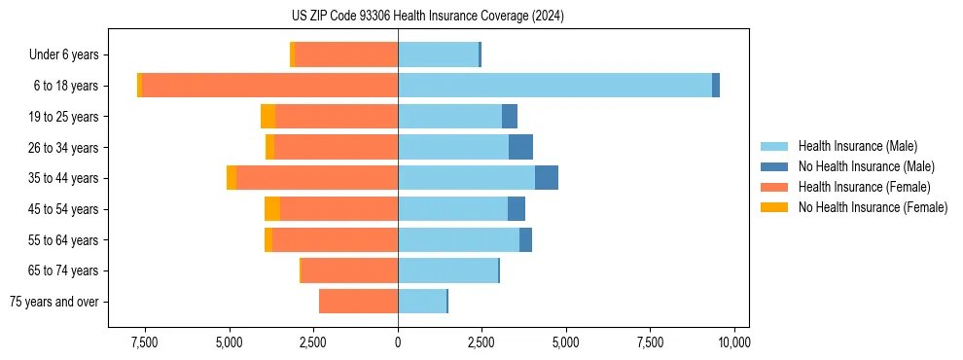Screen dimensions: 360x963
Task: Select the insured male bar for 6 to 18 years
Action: (x=554, y=86)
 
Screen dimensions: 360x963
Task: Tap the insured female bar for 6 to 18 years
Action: (x=269, y=86)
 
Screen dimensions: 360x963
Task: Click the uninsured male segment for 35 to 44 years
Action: (x=547, y=178)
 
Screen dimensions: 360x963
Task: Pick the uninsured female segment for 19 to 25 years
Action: (x=267, y=117)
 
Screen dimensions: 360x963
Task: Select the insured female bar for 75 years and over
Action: (x=358, y=302)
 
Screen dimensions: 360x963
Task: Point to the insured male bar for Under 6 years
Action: (x=438, y=54)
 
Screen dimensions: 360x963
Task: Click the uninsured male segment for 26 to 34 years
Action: (x=520, y=147)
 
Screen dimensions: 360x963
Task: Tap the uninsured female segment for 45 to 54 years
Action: (x=272, y=209)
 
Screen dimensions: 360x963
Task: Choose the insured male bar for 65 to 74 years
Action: (x=447, y=270)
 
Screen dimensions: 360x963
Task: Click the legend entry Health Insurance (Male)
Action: (x=857, y=146)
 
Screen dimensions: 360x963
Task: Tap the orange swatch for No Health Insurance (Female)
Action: (x=774, y=207)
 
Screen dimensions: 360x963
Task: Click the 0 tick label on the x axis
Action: (x=398, y=342)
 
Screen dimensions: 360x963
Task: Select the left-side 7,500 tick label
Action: (x=145, y=342)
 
